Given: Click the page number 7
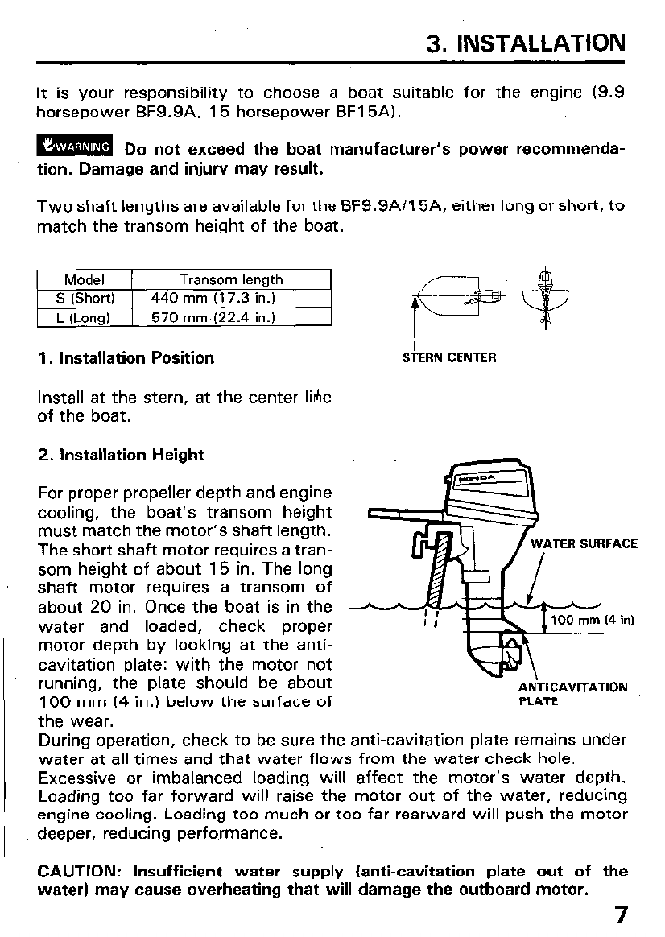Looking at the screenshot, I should click(619, 916).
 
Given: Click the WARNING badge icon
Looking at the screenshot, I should click(76, 147).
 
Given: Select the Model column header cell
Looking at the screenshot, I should click(84, 280).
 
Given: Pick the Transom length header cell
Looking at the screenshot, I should click(231, 280).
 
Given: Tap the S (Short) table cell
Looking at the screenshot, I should click(84, 299).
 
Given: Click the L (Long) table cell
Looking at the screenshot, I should click(84, 317).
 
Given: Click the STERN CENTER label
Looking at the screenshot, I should click(449, 357).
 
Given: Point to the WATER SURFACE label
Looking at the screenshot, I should click(584, 543).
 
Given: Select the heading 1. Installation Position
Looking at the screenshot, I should click(126, 358).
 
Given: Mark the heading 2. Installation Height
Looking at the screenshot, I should click(121, 455).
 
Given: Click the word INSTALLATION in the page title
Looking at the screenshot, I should click(540, 43).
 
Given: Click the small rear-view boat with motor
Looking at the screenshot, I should click(545, 296).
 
